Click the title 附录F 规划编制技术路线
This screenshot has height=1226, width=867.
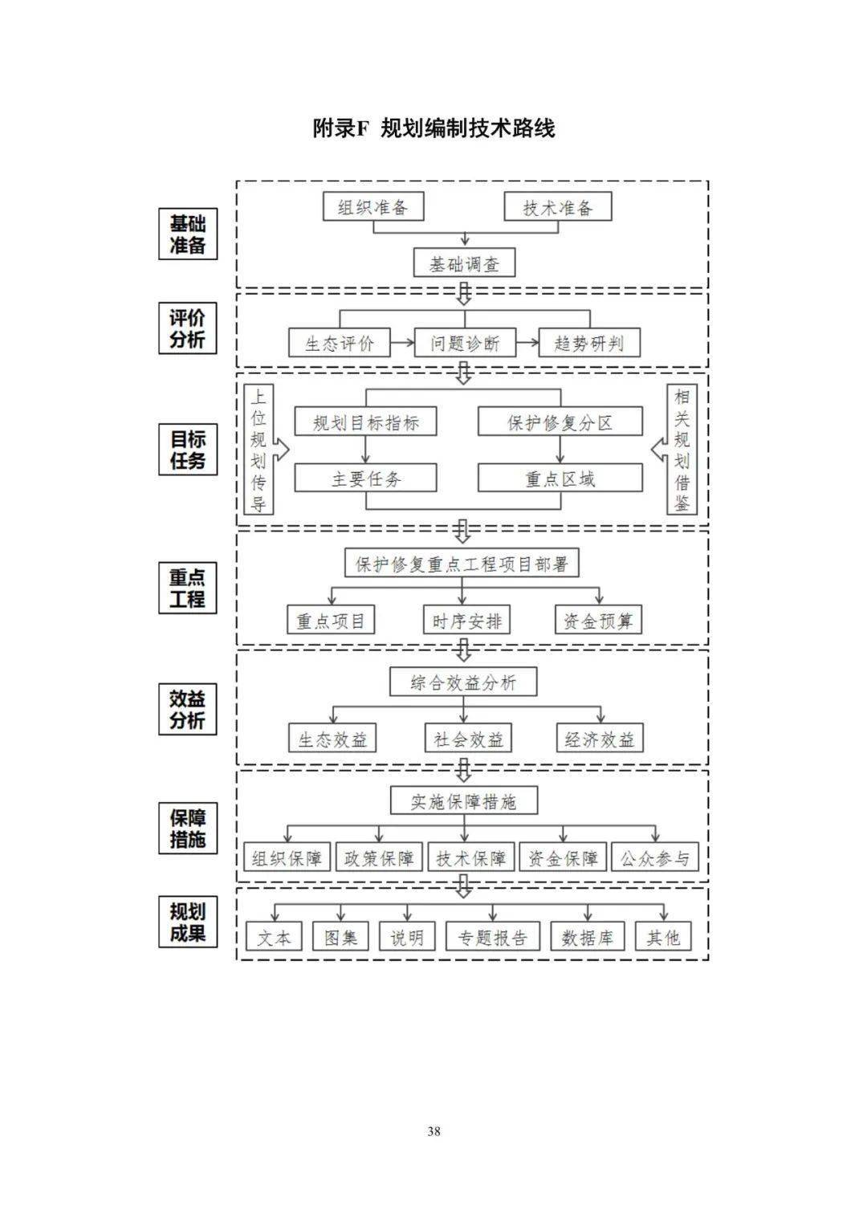pyautogui.click(x=433, y=128)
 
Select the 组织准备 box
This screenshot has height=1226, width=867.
pyautogui.click(x=373, y=207)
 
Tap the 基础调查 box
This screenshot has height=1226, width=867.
pyautogui.click(x=464, y=263)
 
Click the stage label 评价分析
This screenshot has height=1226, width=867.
pyautogui.click(x=187, y=328)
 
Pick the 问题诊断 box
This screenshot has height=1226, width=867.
pyautogui.click(x=465, y=344)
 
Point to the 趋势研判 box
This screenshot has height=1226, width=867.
pyautogui.click(x=589, y=344)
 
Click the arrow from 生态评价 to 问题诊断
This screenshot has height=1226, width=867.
pyautogui.click(x=401, y=344)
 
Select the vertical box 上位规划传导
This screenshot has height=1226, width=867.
pyautogui.click(x=258, y=450)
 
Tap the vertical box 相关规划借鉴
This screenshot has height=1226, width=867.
pyautogui.click(x=682, y=450)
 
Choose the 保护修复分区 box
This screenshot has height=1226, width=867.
pyautogui.click(x=560, y=422)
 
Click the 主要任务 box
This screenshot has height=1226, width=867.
pyautogui.click(x=366, y=479)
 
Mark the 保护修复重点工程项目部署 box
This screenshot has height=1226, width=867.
pyautogui.click(x=462, y=564)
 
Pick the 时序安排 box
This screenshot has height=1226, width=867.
pyautogui.click(x=466, y=621)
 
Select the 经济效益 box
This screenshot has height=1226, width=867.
pyautogui.click(x=600, y=739)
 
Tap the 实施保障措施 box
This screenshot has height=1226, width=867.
pyautogui.click(x=463, y=801)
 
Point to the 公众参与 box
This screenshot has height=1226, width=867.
pyautogui.click(x=655, y=857)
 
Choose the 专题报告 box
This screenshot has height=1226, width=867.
pyautogui.click(x=492, y=937)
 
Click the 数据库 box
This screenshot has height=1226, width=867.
pyautogui.click(x=588, y=937)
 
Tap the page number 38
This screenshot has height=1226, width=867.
pyautogui.click(x=433, y=1131)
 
